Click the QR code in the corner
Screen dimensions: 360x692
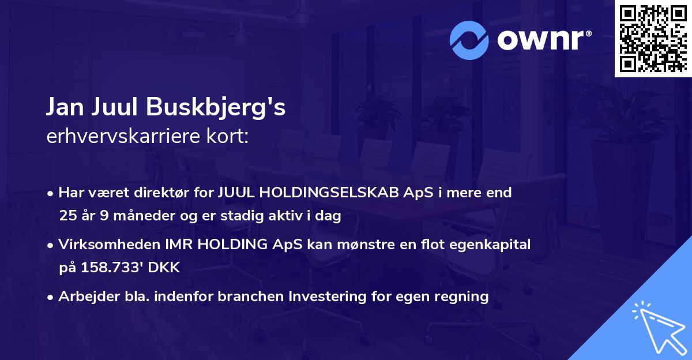(x=653, y=39)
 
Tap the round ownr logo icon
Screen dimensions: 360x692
(x=469, y=40)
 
